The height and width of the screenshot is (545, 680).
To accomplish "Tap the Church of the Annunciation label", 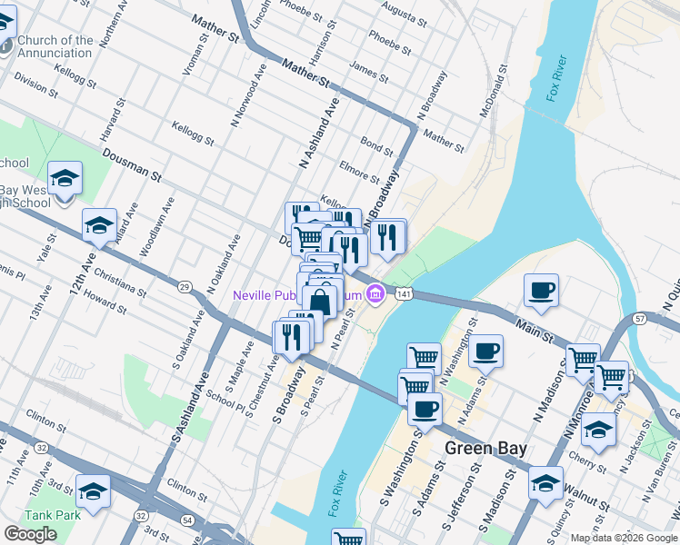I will pos(55,46).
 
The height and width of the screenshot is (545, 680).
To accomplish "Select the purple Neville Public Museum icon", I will pos(375,293).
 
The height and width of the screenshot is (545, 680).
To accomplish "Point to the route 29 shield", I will pos(185,287).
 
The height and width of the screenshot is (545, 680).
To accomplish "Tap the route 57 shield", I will pos(640,319).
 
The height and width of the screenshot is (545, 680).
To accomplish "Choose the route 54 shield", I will pos(186,520).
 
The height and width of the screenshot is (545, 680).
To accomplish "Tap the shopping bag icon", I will pos(321,299).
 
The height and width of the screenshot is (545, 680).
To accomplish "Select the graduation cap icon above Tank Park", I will pos(92,490).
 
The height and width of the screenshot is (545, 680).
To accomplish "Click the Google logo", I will pos(30,534).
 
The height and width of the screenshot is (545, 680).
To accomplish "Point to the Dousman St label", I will pos(131,164).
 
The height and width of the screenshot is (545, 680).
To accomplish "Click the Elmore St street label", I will pos(358,173).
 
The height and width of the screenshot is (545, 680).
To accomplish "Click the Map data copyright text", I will pos(624,538).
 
